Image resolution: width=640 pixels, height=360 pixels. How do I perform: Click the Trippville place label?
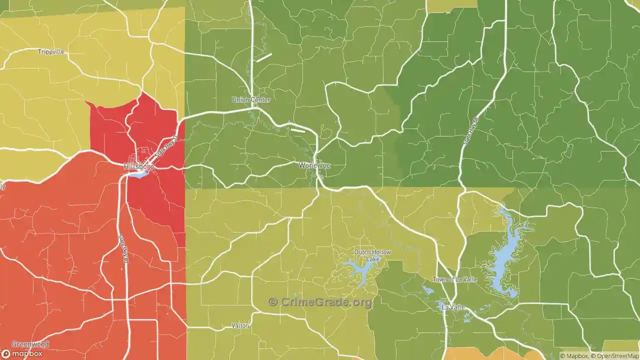coord(51,52)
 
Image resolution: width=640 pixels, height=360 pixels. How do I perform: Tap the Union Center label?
coord(251,99)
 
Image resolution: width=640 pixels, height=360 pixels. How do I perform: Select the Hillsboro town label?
coord(138,165)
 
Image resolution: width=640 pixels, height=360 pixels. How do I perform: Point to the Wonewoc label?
coord(314,165)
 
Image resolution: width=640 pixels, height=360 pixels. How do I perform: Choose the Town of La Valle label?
coord(454,279)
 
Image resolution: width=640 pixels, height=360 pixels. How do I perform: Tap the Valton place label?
coord(240,325)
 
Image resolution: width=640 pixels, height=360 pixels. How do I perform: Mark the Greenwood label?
coord(30,344)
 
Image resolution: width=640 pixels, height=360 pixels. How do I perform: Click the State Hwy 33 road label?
coord(166,147)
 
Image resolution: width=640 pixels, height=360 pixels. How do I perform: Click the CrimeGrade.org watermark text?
coord(320,302)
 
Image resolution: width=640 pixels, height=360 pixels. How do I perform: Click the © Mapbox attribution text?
coord(574,356)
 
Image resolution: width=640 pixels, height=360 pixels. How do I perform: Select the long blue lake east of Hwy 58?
coord(505,255)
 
